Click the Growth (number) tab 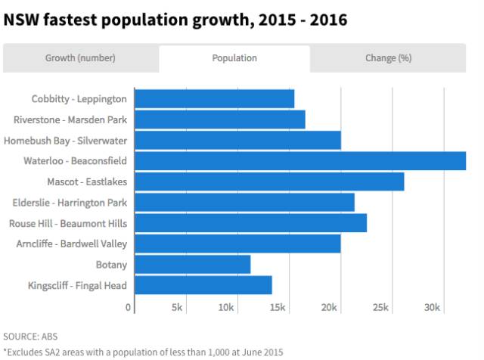tap(81, 57)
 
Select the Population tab tap(234, 57)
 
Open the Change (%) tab tap(388, 57)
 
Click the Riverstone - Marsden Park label tap(70, 119)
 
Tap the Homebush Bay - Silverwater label tap(66, 141)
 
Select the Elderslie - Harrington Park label tap(70, 203)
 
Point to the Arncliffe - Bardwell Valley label tap(72, 244)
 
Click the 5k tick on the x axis tap(177, 308)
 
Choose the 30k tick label tap(432, 308)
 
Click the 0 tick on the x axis tap(129, 308)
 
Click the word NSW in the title tap(20, 20)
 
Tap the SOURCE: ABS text tap(30, 336)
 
